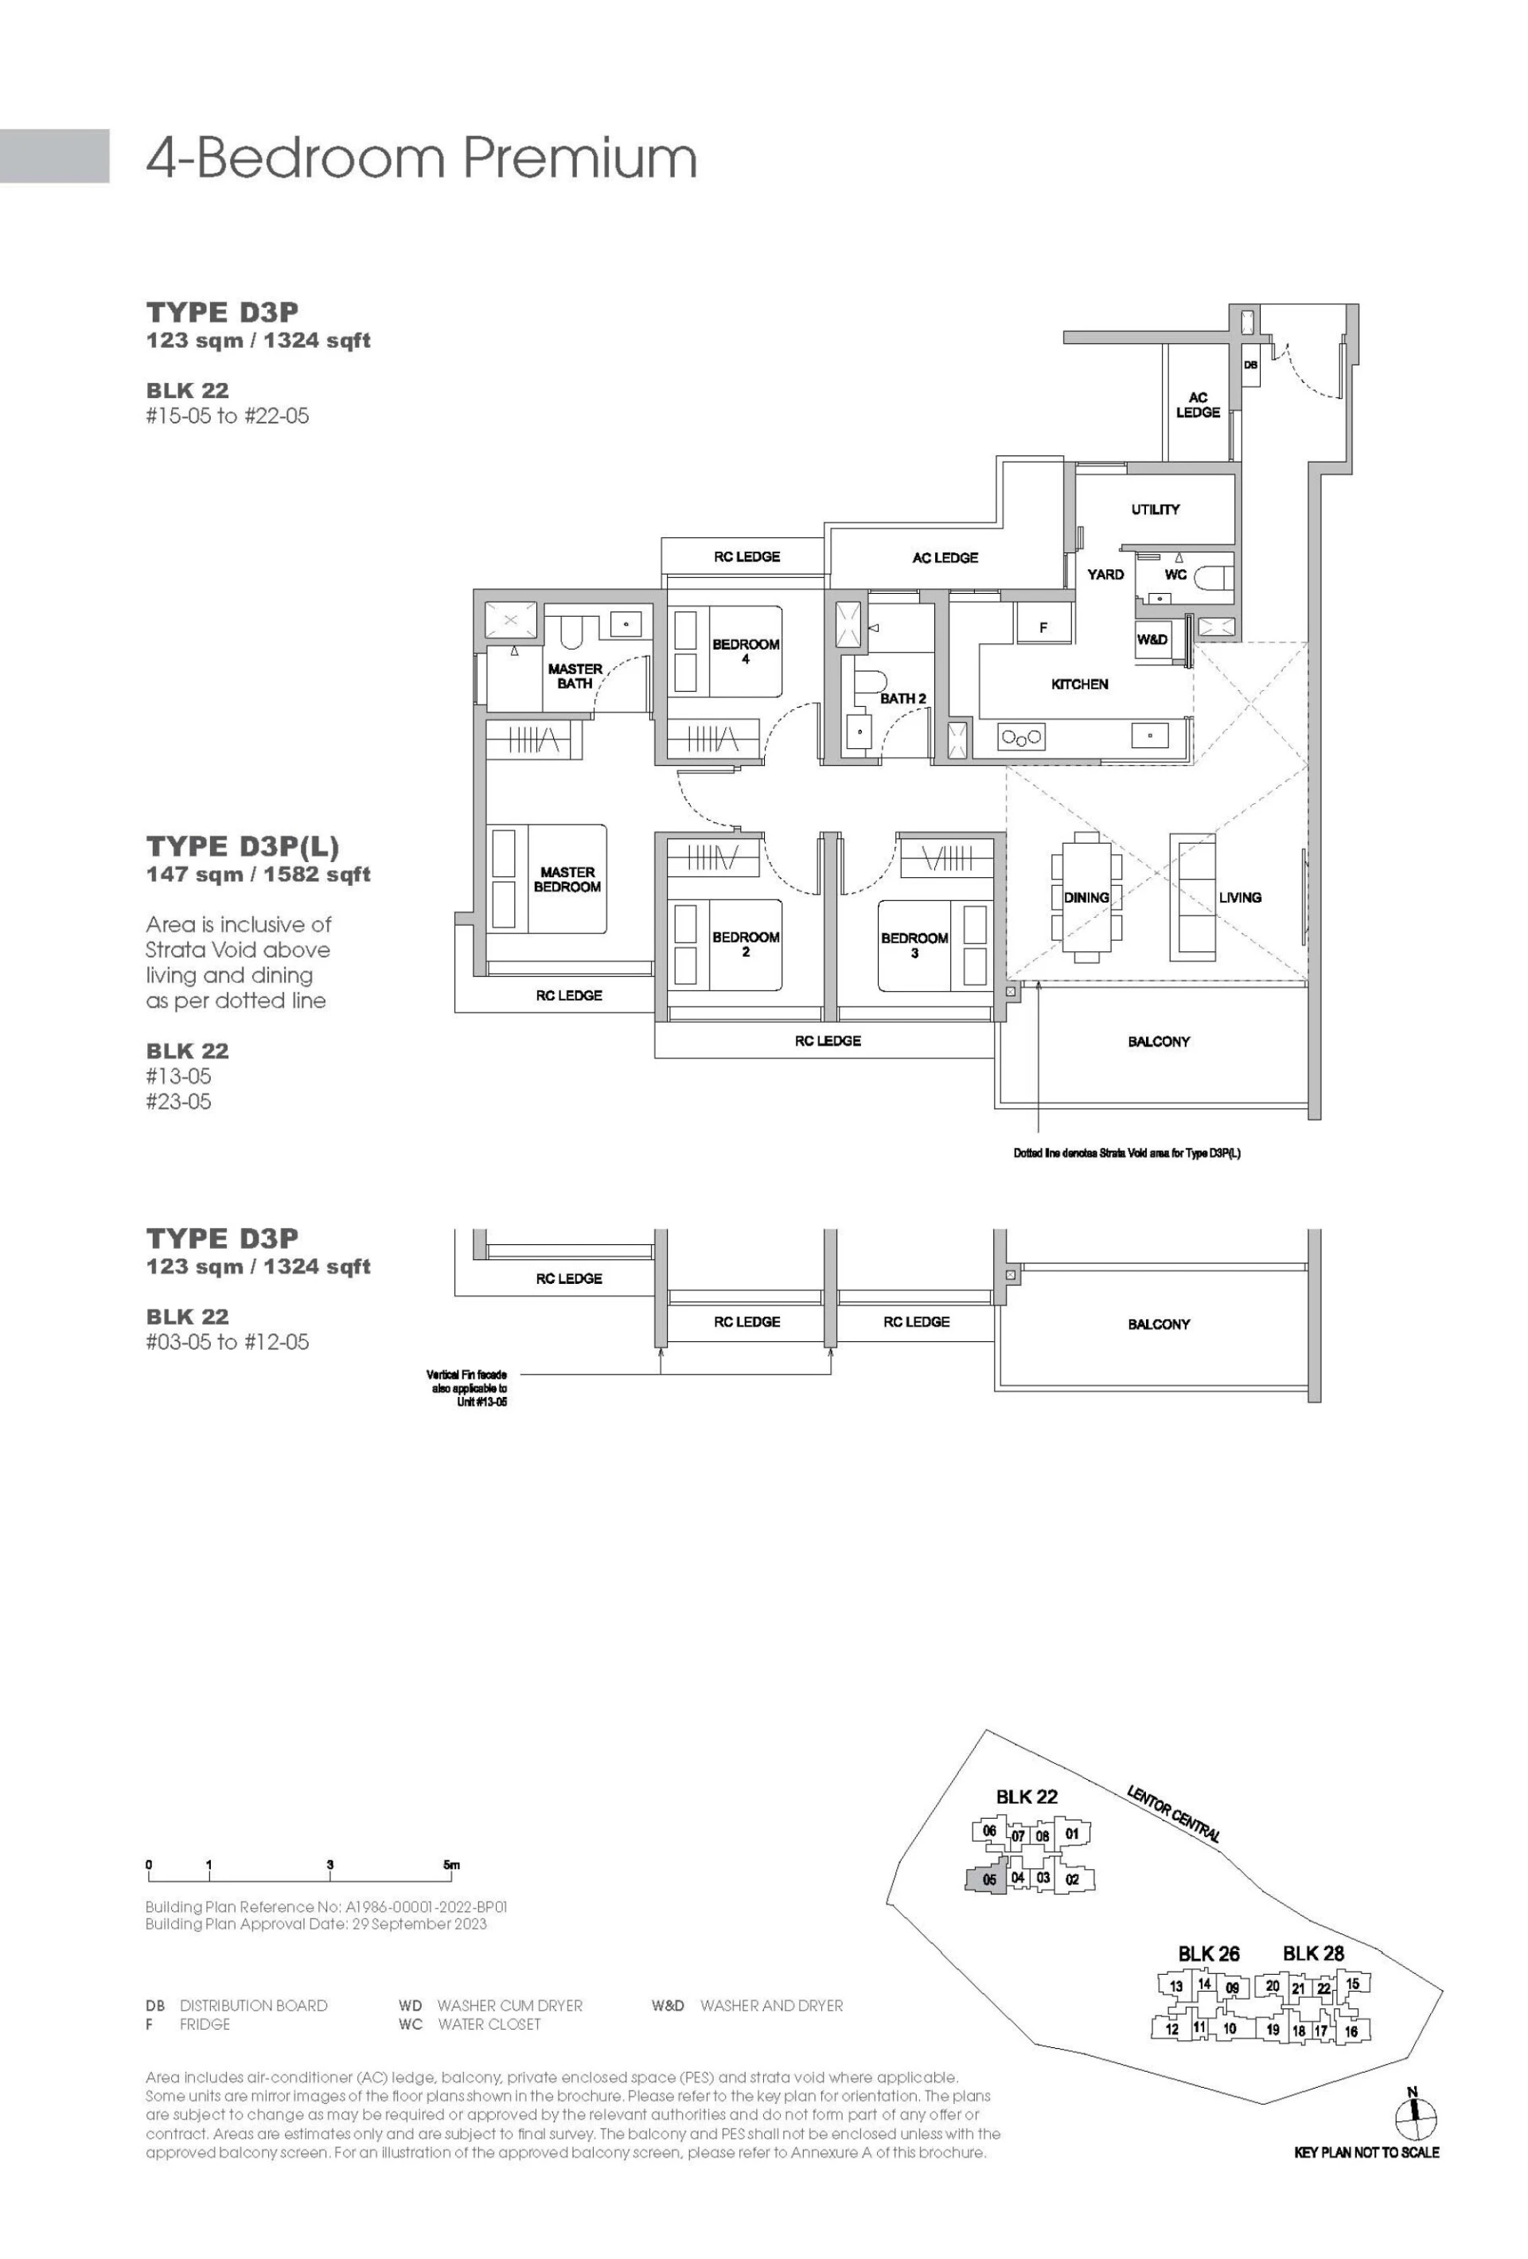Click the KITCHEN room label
pyautogui.click(x=1079, y=685)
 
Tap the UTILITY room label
pyautogui.click(x=1155, y=509)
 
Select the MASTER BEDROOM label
pyautogui.click(x=567, y=880)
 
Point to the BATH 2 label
pyautogui.click(x=903, y=698)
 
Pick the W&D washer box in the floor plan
pyautogui.click(x=1153, y=640)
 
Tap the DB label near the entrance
pyautogui.click(x=1251, y=365)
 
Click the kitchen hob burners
pyautogui.click(x=1022, y=738)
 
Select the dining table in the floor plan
pyautogui.click(x=1086, y=896)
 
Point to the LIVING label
pyautogui.click(x=1240, y=897)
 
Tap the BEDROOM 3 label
pyautogui.click(x=914, y=946)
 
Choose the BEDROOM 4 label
pyautogui.click(x=746, y=651)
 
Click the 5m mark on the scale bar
pyautogui.click(x=451, y=1864)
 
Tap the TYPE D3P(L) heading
pyautogui.click(x=243, y=847)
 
